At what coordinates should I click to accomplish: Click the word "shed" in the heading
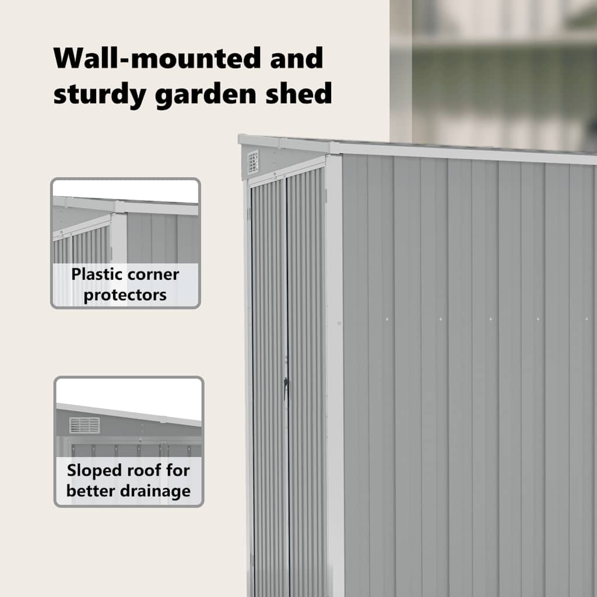click(298, 92)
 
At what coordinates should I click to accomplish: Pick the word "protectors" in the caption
click(125, 296)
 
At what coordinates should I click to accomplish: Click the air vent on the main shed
click(253, 161)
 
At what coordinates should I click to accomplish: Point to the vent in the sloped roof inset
click(85, 425)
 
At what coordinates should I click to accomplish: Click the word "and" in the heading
click(296, 58)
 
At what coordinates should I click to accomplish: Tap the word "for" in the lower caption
click(178, 470)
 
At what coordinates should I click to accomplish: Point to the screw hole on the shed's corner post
click(339, 324)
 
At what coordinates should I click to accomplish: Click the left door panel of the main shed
click(269, 388)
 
